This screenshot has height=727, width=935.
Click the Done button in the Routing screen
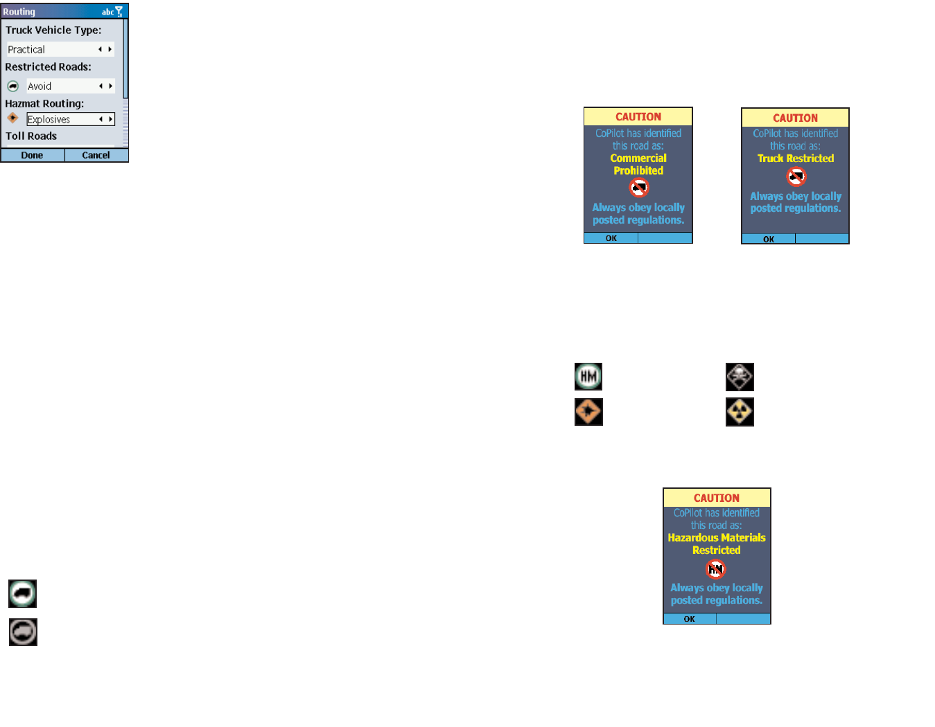click(x=32, y=155)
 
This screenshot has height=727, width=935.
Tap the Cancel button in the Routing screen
click(x=96, y=155)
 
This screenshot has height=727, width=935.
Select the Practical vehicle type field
click(x=60, y=49)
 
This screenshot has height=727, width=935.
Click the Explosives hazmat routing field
click(x=70, y=119)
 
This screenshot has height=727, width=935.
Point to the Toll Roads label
click(x=31, y=136)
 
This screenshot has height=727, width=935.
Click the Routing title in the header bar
click(x=19, y=12)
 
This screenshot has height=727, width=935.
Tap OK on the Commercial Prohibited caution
click(x=611, y=238)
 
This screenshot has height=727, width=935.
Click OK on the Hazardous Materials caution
click(x=689, y=619)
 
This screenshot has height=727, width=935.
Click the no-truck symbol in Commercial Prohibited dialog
click(x=638, y=188)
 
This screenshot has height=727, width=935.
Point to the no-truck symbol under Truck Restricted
click(x=796, y=177)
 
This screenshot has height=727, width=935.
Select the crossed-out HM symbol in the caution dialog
click(x=715, y=569)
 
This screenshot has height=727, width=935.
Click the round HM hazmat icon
click(x=588, y=377)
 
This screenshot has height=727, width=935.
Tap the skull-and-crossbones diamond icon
click(x=740, y=377)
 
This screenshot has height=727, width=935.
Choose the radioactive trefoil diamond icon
click(x=740, y=412)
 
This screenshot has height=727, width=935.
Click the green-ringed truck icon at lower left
click(x=22, y=593)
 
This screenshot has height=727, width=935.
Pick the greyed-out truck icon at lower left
click(x=23, y=632)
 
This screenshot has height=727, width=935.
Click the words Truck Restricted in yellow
click(x=796, y=159)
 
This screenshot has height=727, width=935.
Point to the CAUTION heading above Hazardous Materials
click(x=717, y=498)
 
